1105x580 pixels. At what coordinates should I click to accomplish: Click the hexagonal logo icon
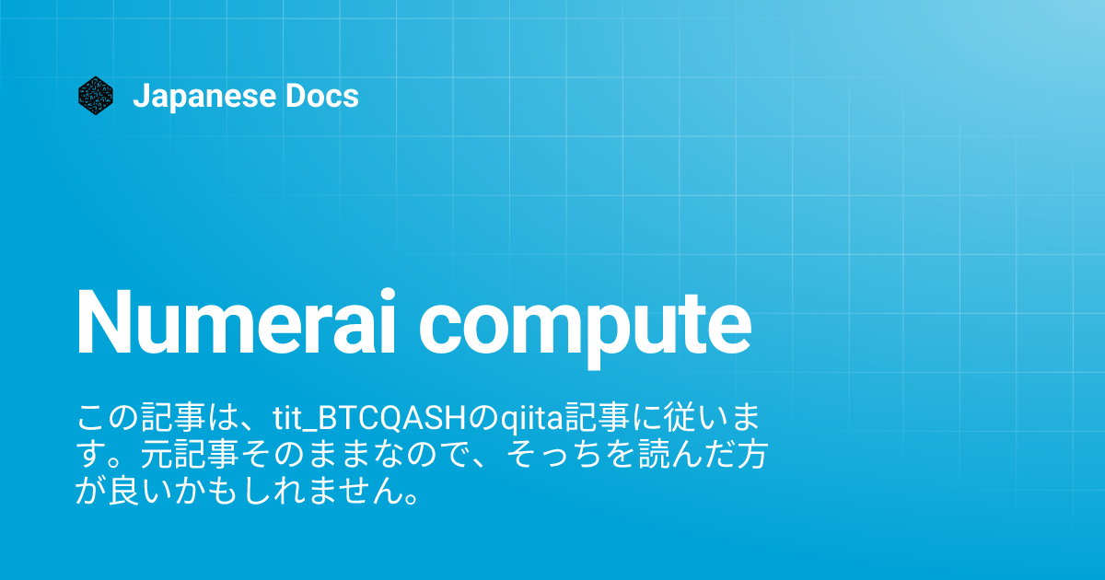click(x=95, y=96)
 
